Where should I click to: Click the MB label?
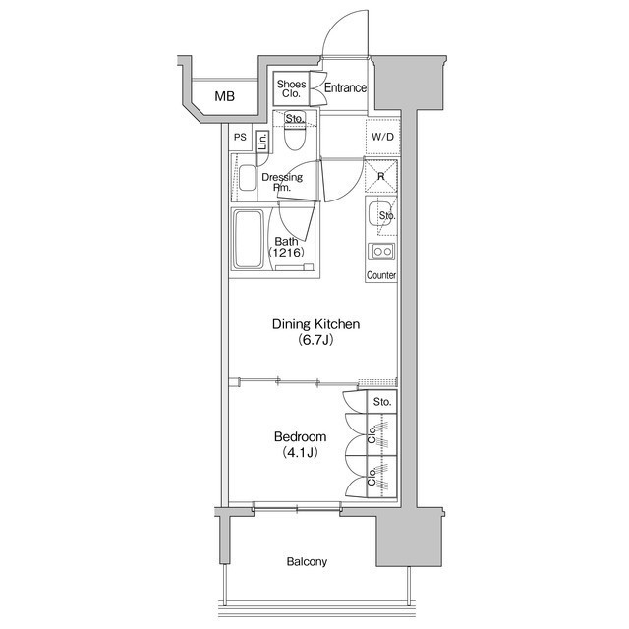(x=225, y=96)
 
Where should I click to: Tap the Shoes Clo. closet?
(x=291, y=88)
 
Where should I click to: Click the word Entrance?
(x=345, y=87)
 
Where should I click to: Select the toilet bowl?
(x=294, y=135)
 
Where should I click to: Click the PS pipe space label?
(x=240, y=138)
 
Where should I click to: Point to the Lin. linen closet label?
(x=262, y=142)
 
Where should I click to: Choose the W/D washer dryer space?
(x=382, y=137)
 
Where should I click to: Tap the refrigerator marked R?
(x=380, y=177)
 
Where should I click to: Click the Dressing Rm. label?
(x=282, y=182)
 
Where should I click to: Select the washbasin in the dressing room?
(x=248, y=178)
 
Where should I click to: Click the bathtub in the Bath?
(x=249, y=240)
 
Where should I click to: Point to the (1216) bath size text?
(x=286, y=253)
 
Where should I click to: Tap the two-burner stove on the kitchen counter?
(x=381, y=252)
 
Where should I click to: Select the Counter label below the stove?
(x=381, y=275)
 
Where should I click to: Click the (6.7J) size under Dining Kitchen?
(x=315, y=341)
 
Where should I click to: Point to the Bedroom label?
(x=300, y=436)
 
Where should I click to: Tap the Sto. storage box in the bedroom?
(x=382, y=402)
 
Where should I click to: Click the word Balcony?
(x=307, y=561)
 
